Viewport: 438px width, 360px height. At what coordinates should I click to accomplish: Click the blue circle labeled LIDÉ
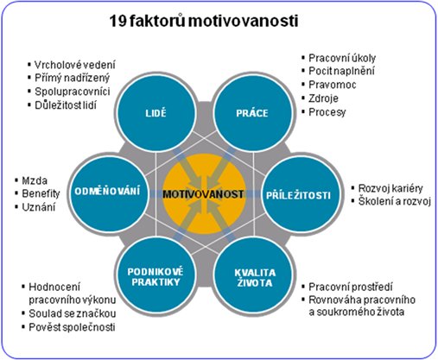(156, 113)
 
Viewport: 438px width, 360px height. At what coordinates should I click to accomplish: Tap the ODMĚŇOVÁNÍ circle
(108, 193)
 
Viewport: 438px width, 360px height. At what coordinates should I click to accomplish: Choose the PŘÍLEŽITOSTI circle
(301, 193)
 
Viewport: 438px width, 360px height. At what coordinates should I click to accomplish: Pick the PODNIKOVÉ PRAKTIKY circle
(156, 275)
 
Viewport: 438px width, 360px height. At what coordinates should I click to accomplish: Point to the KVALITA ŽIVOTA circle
(254, 275)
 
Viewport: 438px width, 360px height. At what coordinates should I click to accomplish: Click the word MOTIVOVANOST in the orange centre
(203, 194)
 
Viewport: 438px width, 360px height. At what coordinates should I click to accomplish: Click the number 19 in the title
(117, 22)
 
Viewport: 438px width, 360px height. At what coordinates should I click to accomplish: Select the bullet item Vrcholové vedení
(75, 65)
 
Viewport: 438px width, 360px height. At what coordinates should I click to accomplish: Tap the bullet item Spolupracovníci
(73, 92)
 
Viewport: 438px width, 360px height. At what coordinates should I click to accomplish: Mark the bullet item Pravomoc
(333, 85)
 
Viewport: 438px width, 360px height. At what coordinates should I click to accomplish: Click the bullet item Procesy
(327, 112)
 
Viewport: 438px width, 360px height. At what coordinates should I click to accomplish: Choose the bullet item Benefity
(41, 193)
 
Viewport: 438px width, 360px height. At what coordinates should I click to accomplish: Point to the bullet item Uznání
(39, 207)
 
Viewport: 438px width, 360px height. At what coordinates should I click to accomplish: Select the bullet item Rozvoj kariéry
(390, 189)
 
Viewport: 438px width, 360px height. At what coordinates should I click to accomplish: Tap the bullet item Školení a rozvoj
(395, 202)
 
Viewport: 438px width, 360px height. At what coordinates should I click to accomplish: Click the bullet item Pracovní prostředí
(351, 287)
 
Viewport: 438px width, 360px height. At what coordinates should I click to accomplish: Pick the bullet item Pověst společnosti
(72, 327)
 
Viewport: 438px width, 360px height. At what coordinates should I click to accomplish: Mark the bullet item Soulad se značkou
(73, 313)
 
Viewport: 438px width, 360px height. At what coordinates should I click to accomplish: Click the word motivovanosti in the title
(244, 22)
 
